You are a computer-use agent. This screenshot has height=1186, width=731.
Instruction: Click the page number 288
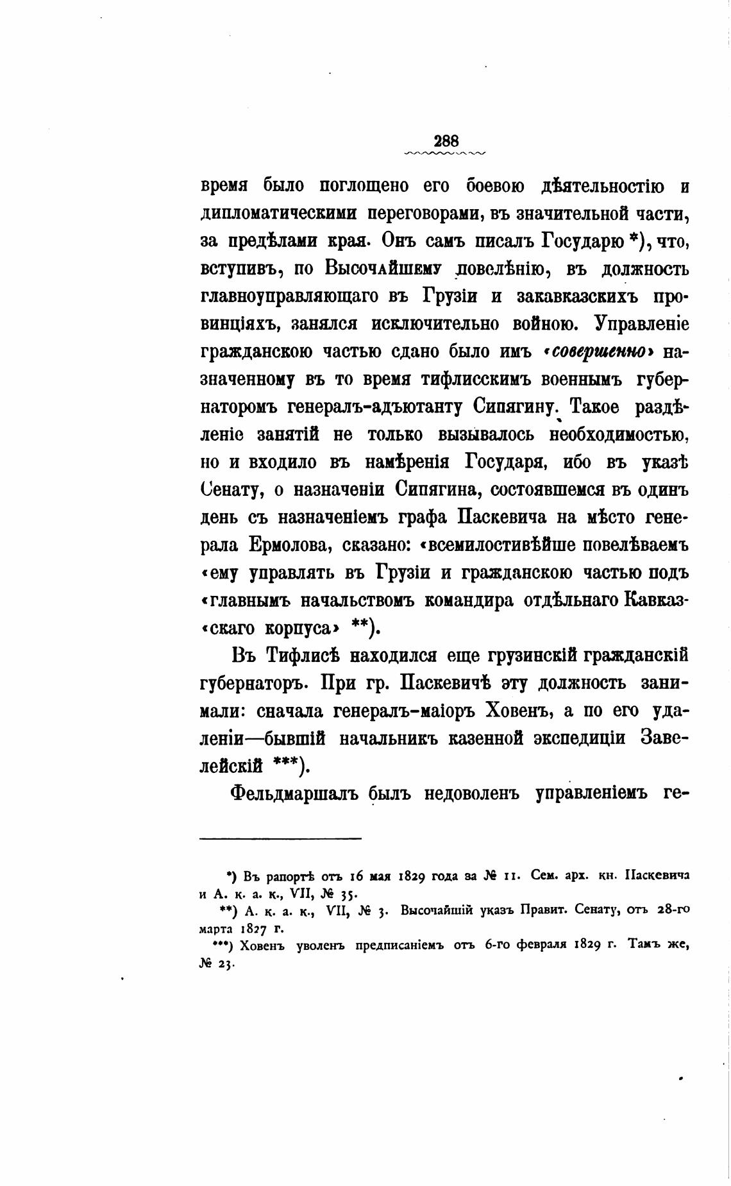click(x=446, y=140)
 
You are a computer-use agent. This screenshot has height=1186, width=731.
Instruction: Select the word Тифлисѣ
click(x=307, y=656)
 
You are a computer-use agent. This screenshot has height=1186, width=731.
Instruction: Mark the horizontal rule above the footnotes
click(x=281, y=838)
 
